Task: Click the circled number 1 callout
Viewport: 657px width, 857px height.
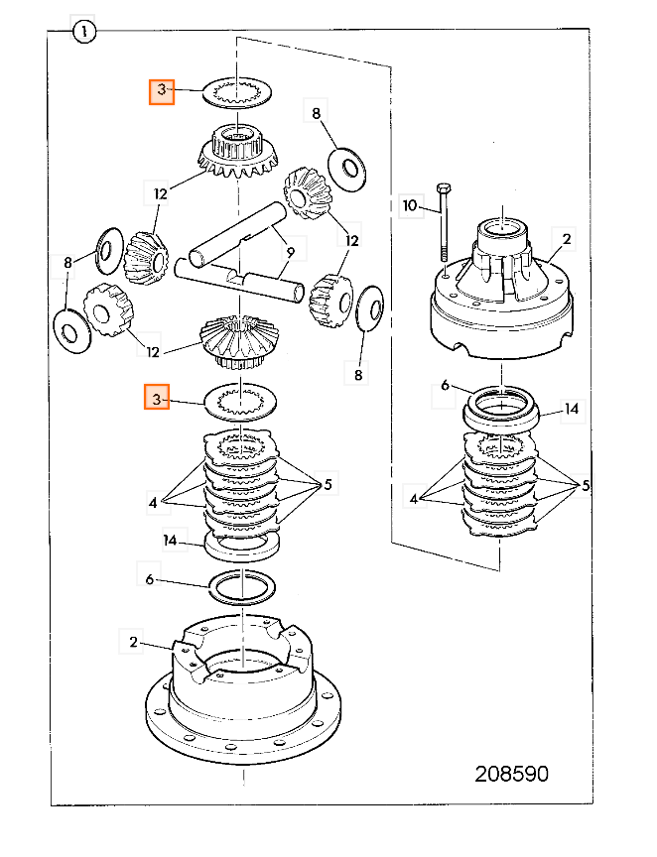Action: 83,32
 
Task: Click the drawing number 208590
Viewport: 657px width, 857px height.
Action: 511,774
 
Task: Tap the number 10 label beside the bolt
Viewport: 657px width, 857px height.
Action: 410,205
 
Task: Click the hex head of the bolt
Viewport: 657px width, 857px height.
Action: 443,189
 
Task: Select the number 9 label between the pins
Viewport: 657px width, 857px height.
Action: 291,252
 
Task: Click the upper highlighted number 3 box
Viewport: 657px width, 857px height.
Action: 162,90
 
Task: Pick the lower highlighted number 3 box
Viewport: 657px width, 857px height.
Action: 157,398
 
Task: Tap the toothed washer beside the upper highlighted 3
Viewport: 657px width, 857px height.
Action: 238,93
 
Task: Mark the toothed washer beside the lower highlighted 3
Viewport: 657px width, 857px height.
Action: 240,403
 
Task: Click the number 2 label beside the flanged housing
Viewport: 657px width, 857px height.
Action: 133,642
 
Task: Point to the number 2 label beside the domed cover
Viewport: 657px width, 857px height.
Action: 566,239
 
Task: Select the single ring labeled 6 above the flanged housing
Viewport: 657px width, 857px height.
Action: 242,587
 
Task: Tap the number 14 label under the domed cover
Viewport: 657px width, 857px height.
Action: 571,409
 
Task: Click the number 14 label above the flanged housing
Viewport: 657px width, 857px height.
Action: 170,540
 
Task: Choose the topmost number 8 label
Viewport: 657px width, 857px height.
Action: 317,113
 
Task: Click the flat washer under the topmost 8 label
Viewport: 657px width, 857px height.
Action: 346,169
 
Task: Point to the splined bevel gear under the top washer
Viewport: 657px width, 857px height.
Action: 238,151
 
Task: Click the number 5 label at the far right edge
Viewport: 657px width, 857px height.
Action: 586,485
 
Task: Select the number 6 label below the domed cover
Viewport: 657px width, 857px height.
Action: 445,385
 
